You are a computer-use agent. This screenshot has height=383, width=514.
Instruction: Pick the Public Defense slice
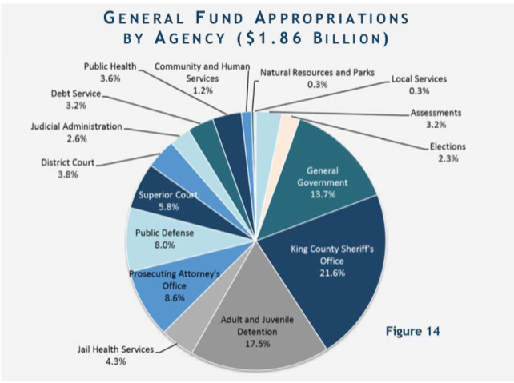pos(160,240)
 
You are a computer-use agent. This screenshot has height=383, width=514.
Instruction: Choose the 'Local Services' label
pos(419,80)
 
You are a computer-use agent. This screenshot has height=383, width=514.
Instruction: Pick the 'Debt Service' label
pos(76,93)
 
